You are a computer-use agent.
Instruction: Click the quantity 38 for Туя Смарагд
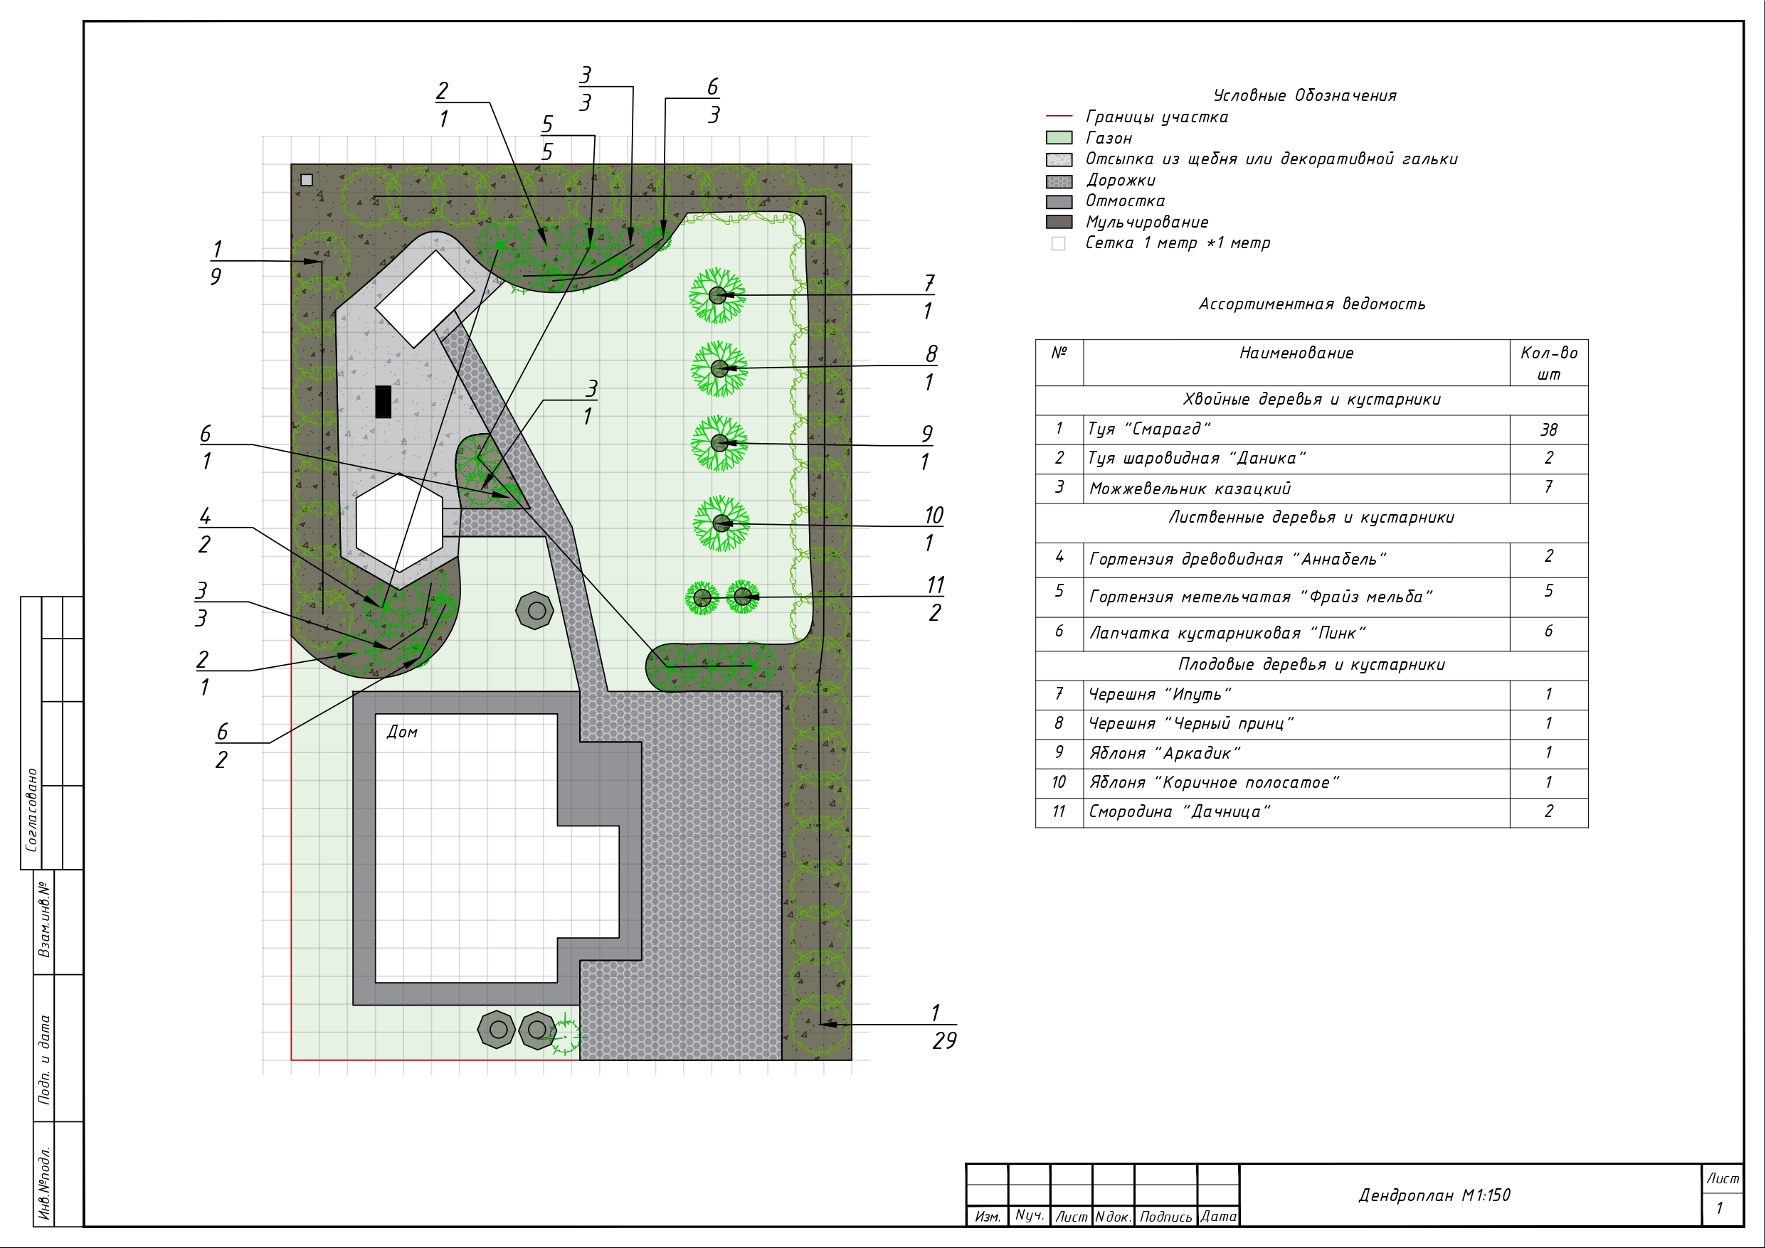pos(1548,430)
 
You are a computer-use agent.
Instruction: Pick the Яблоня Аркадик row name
pos(1165,753)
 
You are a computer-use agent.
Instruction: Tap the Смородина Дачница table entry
pos(1179,811)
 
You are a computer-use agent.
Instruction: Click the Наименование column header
pos(1296,353)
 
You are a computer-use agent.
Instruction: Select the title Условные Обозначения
pos(1304,95)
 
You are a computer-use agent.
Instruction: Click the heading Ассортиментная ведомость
pos(1311,304)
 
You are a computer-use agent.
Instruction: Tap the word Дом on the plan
pos(401,732)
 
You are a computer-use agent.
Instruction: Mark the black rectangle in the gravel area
pos(383,401)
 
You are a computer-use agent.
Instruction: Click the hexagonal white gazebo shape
pos(399,523)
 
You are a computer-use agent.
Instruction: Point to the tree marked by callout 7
pos(717,295)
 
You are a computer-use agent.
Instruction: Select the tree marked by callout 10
pos(721,523)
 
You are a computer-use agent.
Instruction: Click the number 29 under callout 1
pos(943,1040)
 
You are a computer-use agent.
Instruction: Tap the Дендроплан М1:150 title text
pos(1434,1195)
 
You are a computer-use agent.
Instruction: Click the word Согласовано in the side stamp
pos(31,810)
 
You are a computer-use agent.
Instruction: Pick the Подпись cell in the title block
pos(1165,1217)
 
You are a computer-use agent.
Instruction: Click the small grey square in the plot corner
pos(306,180)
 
